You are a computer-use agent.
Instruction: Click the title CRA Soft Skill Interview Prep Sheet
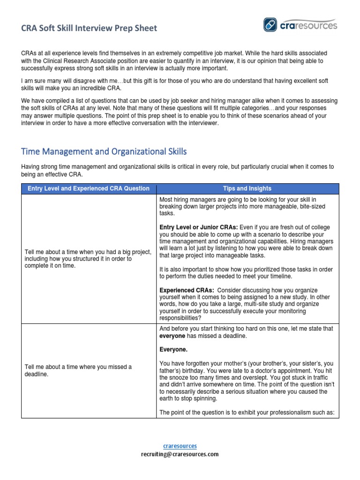(x=89, y=28)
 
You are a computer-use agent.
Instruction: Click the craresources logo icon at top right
(x=271, y=25)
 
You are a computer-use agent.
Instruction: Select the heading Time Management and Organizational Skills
(x=104, y=151)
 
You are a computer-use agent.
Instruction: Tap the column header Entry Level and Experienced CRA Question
(x=89, y=188)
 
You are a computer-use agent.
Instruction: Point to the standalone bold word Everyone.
(x=173, y=349)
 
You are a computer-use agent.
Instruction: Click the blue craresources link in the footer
(x=180, y=446)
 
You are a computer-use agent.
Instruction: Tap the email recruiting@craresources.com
(x=180, y=454)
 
